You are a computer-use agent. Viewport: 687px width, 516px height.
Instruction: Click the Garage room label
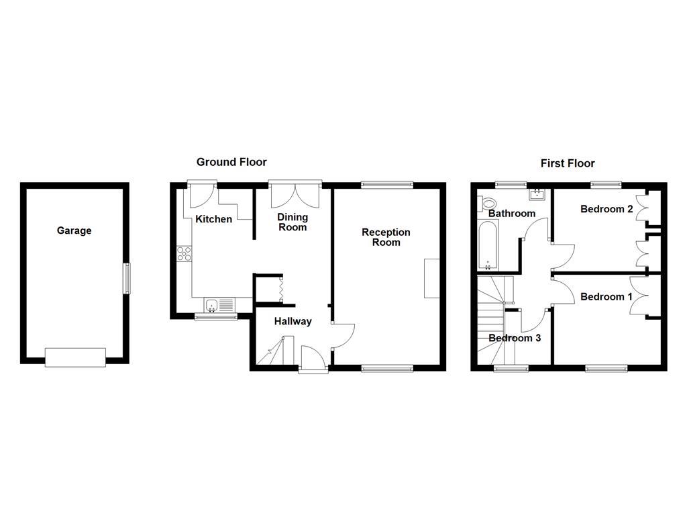coord(74,230)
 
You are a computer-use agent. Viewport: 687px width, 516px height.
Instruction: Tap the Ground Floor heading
coord(231,162)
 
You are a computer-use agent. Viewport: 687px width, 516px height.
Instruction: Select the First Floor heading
coord(568,163)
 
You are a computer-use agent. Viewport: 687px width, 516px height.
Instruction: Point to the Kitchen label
coord(213,219)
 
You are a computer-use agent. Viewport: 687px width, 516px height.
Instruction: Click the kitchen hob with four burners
coord(184,254)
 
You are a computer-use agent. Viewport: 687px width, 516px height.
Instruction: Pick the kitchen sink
coord(213,305)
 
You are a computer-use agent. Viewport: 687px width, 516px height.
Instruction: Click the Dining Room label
coord(293,222)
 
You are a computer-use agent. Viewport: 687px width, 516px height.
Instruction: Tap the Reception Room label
coord(386,237)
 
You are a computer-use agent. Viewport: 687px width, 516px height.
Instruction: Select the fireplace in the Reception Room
coord(431,278)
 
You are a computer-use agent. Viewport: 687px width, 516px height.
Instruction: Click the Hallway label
coord(293,321)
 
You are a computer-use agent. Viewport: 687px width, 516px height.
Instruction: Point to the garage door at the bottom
coord(75,357)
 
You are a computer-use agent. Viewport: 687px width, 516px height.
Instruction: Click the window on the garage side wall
coord(125,278)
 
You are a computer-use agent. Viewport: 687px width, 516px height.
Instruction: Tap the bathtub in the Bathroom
coord(487,246)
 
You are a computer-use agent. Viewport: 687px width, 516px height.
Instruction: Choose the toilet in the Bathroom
coord(488,203)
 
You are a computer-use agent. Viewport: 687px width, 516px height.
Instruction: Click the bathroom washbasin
coord(537,196)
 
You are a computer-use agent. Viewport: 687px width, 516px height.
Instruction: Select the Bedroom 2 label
coord(606,209)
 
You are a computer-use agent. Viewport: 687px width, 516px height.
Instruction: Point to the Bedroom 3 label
coord(515,338)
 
